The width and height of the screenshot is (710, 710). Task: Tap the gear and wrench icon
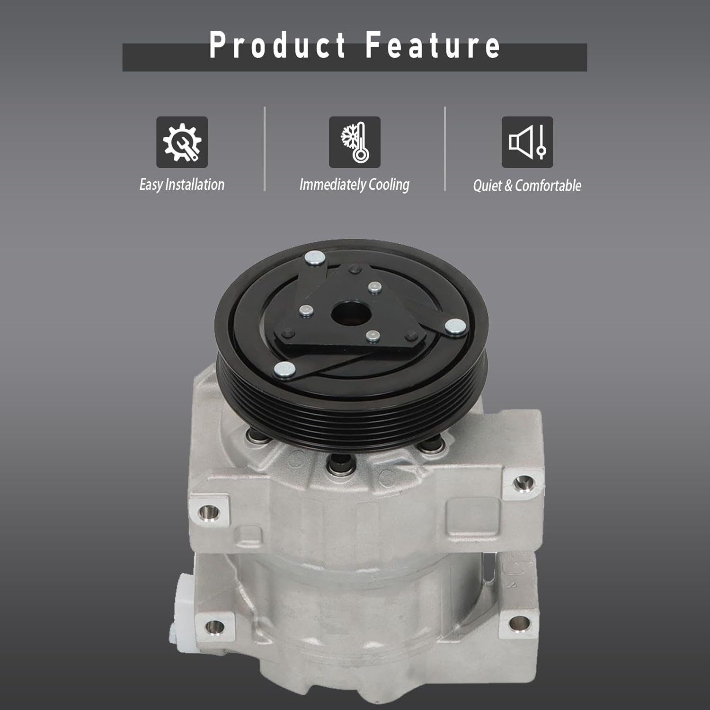[182, 142]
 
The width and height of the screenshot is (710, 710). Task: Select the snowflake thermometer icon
[355, 142]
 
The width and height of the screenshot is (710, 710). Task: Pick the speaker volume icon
[527, 142]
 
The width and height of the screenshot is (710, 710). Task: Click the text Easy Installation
[182, 185]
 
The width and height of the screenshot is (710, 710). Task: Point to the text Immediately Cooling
[355, 185]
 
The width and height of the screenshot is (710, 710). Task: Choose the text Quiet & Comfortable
[527, 186]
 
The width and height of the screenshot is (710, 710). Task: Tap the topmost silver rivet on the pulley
[315, 258]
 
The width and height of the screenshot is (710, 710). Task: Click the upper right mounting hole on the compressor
[522, 483]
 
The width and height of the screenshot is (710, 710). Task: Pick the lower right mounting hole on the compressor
[518, 622]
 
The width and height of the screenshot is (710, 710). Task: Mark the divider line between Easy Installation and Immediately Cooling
[265, 149]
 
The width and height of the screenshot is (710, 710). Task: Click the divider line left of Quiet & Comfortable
[445, 149]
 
